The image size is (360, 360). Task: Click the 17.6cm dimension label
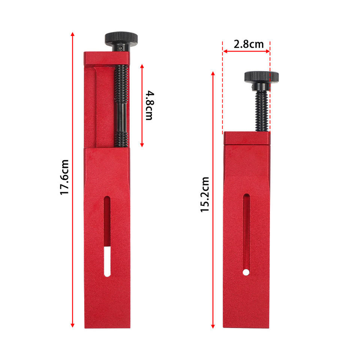coord(64,177)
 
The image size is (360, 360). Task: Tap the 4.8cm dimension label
coord(150,105)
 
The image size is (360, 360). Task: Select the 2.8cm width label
coord(249,44)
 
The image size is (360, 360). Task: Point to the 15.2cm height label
coord(205,195)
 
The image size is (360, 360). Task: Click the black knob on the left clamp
coord(121,39)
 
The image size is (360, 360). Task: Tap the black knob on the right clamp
coord(261,76)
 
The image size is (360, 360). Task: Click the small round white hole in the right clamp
coord(246,272)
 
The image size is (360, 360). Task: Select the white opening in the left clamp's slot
coord(107,261)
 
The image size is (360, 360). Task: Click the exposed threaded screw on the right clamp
coord(261,111)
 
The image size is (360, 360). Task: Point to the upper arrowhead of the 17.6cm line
coord(72,34)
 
